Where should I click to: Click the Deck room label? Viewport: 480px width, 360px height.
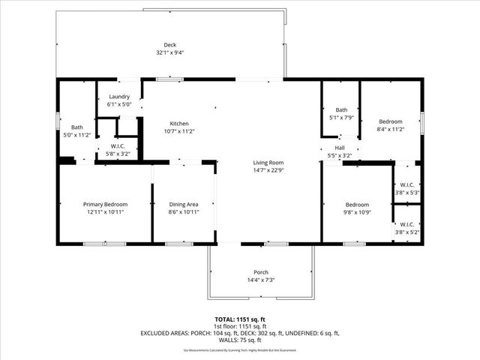click(x=169, y=45)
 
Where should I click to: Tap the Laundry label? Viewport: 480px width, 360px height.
click(x=119, y=97)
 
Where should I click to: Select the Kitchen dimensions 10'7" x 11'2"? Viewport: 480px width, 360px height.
click(x=179, y=131)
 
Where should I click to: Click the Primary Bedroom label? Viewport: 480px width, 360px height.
click(x=105, y=204)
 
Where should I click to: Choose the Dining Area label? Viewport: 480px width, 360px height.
click(x=183, y=204)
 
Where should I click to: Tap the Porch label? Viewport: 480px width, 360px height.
click(x=261, y=272)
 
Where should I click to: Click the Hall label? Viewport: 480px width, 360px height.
click(x=340, y=148)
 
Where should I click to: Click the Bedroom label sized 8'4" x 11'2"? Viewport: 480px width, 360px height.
click(x=390, y=121)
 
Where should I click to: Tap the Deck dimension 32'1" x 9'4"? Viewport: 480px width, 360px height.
click(x=169, y=52)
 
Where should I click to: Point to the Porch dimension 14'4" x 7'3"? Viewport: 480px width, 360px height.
click(x=261, y=280)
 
